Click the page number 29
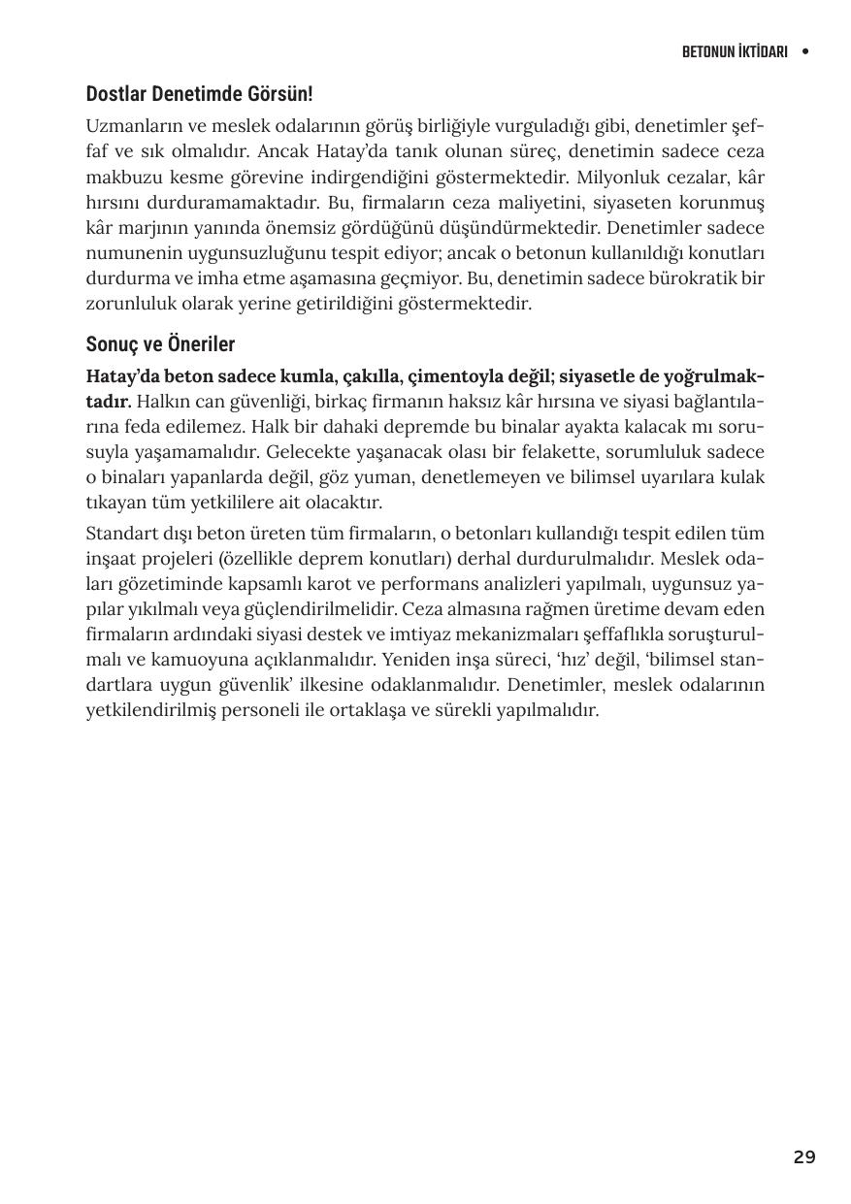803,1156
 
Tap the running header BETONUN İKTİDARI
735,51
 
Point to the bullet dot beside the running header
805,51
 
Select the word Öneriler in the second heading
202,344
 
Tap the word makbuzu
117,177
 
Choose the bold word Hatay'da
118,376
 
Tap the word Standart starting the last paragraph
119,534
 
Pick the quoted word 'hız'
572,660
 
